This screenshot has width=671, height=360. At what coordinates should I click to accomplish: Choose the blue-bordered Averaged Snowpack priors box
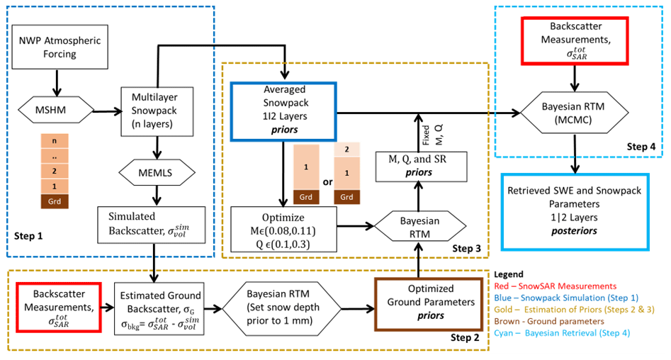[283, 111]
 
